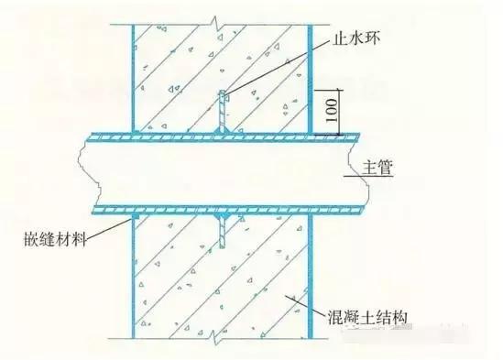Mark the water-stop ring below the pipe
point(220,230)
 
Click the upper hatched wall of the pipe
point(220,136)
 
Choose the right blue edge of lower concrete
point(306,284)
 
